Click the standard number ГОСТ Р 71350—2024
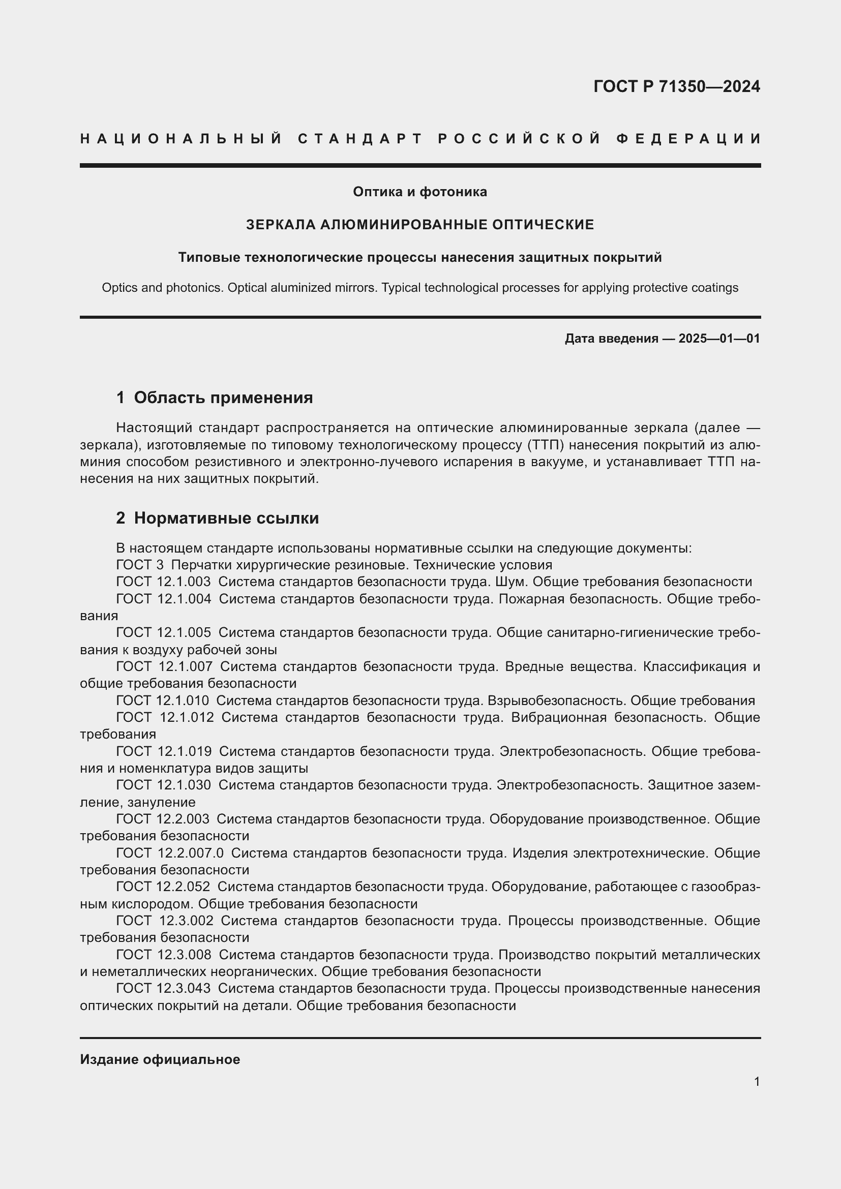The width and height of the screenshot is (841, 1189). tap(676, 86)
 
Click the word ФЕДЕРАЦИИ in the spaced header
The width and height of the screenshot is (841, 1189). tap(688, 139)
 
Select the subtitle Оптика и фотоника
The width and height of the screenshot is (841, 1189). tap(420, 192)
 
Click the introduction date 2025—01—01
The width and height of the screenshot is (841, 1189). tap(719, 339)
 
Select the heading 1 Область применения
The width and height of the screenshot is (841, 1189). tap(215, 398)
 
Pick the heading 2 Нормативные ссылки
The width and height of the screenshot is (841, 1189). tap(218, 518)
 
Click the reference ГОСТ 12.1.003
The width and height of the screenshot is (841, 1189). tap(164, 582)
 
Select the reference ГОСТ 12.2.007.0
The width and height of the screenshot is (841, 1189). tap(170, 853)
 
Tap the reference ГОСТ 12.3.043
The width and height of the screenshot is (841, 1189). tap(164, 989)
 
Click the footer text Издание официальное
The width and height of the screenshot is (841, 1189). tap(160, 1059)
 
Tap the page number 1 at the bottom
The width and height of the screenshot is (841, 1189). tap(757, 1082)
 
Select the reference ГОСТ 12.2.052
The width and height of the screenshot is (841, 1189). tap(164, 887)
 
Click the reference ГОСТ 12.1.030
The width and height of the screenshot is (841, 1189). tap(164, 785)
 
